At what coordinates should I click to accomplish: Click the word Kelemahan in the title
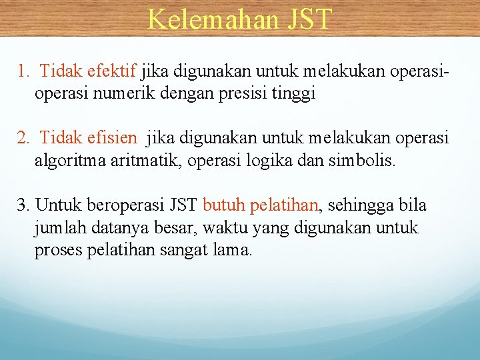click(213, 19)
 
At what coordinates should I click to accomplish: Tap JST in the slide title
click(309, 19)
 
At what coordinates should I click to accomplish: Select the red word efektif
click(113, 70)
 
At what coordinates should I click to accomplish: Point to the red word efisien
click(112, 138)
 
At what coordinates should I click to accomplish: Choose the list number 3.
click(23, 205)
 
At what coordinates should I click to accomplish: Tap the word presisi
click(242, 93)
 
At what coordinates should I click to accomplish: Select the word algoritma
click(67, 161)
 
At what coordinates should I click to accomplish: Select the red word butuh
click(223, 205)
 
